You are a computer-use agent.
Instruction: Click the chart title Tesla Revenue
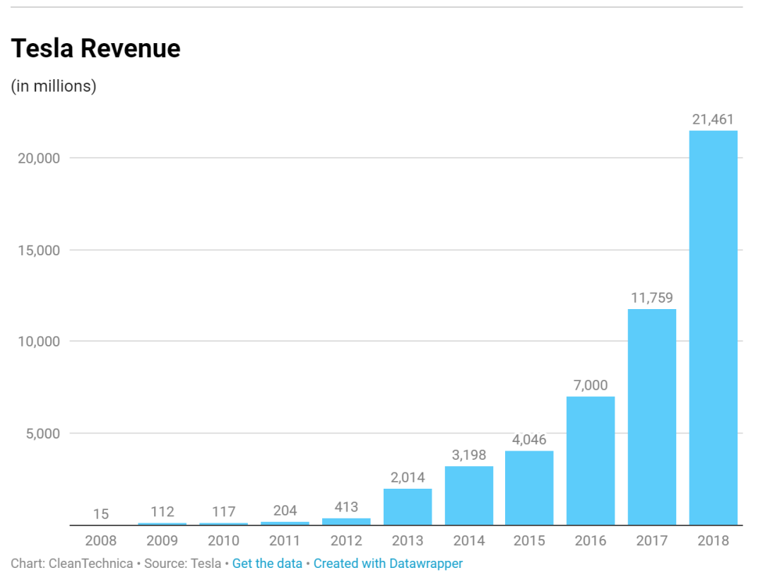(95, 49)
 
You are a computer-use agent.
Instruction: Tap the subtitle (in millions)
(54, 86)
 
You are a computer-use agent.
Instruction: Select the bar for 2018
(713, 327)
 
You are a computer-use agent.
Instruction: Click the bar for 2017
(652, 417)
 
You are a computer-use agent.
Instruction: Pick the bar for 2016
(591, 460)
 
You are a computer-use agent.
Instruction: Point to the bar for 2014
(469, 495)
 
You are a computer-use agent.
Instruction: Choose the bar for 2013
(408, 506)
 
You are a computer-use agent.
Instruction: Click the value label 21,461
(713, 120)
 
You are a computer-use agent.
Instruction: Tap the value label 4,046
(529, 439)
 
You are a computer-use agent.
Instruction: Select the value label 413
(346, 507)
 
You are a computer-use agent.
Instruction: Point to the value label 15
(101, 514)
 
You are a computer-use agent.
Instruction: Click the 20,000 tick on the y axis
(39, 158)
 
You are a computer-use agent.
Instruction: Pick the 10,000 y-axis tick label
(39, 341)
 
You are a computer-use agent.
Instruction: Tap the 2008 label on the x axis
(101, 541)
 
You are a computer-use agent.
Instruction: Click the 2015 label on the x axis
(529, 541)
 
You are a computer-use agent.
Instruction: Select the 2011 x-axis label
(285, 541)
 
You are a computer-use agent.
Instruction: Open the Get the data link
(267, 564)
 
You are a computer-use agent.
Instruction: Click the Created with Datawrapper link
(388, 564)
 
